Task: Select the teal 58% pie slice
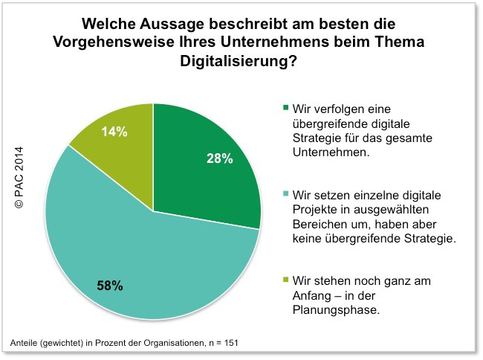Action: click(x=134, y=253)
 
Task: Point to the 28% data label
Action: click(x=220, y=158)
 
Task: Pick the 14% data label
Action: click(x=114, y=132)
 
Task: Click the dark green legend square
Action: click(x=286, y=109)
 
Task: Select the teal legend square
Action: click(x=286, y=194)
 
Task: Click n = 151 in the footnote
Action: click(x=221, y=342)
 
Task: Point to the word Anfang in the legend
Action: click(x=315, y=295)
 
